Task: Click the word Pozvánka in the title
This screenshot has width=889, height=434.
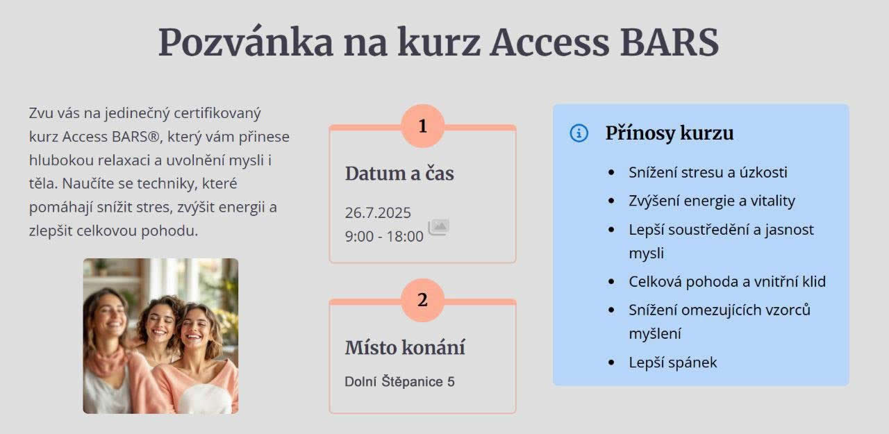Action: tap(246, 42)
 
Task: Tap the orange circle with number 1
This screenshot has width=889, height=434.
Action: tap(423, 126)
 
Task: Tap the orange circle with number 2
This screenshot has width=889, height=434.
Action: tap(423, 300)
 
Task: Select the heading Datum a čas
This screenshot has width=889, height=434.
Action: tap(399, 174)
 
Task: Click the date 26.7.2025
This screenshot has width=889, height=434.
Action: tap(378, 213)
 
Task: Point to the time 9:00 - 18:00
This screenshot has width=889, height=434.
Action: tap(384, 236)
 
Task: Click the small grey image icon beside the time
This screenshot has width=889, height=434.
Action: tap(438, 227)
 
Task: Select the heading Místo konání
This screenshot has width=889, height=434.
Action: tap(405, 348)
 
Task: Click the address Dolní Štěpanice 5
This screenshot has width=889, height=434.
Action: tap(399, 382)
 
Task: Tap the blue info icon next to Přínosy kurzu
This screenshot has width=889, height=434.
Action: tap(579, 133)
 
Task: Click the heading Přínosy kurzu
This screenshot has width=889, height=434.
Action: tap(670, 133)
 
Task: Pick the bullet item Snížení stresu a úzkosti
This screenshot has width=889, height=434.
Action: tap(708, 173)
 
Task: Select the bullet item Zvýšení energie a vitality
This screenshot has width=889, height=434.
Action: tap(712, 201)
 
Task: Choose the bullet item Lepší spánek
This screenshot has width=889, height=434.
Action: tap(673, 362)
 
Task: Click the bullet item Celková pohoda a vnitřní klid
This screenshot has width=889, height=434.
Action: tap(727, 282)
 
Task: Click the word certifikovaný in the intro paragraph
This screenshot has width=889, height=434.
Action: tap(217, 114)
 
